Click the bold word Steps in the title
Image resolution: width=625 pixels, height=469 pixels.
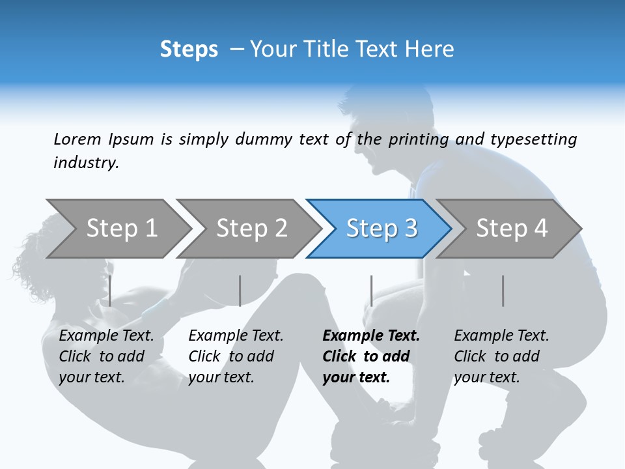[x=189, y=50]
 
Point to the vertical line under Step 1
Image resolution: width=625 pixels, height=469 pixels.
[x=110, y=291]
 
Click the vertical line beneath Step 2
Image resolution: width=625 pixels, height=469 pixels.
[x=240, y=291]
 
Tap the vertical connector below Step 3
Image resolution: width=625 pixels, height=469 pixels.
[x=371, y=291]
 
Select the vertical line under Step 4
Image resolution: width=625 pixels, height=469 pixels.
[x=503, y=291]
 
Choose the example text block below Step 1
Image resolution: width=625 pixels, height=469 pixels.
[x=106, y=356]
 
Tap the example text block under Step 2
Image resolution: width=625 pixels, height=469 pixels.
[x=236, y=356]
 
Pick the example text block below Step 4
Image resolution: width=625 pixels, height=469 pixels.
[x=501, y=356]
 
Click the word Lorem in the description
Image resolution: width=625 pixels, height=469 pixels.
[x=77, y=139]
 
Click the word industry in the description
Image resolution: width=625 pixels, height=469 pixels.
[x=86, y=162]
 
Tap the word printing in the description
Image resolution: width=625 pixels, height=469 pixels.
[x=418, y=139]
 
